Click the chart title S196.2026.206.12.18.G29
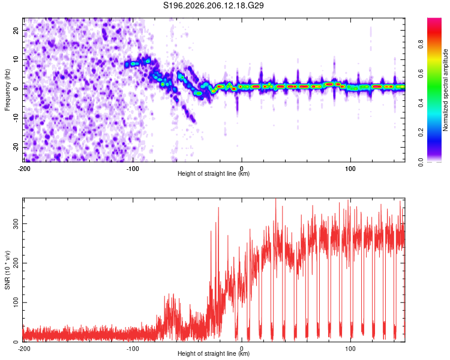coord(213,5)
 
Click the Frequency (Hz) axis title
coord(7,90)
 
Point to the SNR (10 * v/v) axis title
coord(7,270)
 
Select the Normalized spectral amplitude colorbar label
coord(445,90)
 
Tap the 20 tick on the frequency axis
coord(16,30)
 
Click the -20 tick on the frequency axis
coord(16,147)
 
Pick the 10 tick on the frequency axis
coord(16,59)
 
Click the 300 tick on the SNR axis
coord(16,224)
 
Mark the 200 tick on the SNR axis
coord(16,263)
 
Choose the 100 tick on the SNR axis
coord(16,302)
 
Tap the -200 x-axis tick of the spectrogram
coord(24,169)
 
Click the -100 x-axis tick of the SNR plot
coord(133,349)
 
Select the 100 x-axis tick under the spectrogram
coord(350,169)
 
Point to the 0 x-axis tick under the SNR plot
coord(242,349)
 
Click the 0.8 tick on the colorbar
coord(421,44)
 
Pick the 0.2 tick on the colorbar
coord(421,133)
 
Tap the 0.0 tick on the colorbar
coord(421,163)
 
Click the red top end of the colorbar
coord(434,19)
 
